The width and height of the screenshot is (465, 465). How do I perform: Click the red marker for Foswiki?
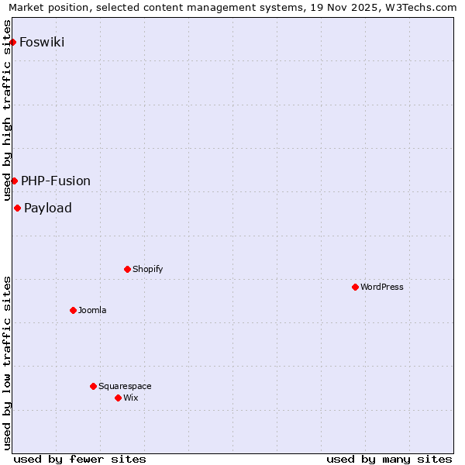point(13,42)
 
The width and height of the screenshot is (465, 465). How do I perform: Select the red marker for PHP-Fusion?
point(14,181)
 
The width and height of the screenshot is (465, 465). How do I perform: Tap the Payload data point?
point(17,208)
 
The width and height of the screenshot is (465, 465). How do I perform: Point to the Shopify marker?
point(127,269)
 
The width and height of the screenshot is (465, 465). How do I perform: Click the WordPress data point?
point(355,287)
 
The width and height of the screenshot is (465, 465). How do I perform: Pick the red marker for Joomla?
point(73,310)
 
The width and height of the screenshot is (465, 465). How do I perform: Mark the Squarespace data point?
point(93,386)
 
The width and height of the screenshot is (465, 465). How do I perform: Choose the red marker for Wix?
point(118,398)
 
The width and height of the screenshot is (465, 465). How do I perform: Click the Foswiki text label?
point(42,42)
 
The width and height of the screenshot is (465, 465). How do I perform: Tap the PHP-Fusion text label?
point(56,181)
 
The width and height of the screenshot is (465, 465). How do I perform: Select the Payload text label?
point(48,208)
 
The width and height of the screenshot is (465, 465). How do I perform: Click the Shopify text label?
point(147,269)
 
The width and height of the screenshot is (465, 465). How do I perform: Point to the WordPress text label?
point(382,287)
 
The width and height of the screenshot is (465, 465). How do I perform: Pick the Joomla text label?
point(92,310)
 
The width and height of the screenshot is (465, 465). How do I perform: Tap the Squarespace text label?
point(125,386)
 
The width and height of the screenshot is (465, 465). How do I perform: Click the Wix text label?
point(130,398)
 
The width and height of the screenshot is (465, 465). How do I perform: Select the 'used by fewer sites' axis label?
point(80,459)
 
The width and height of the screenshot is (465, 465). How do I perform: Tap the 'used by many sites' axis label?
point(389,459)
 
